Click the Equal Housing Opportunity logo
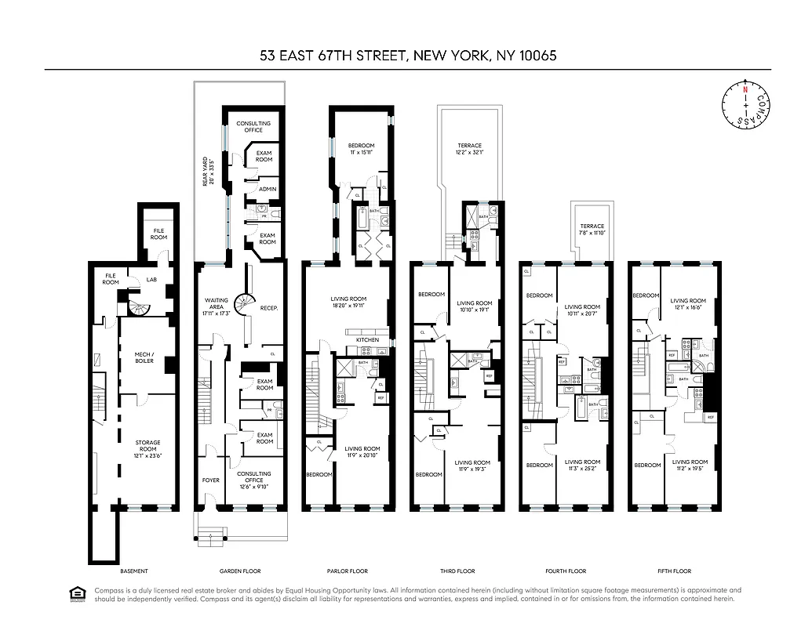78,594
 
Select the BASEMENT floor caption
133,571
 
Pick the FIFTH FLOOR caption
673,571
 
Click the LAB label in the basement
152,280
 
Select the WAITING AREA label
216,305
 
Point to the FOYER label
210,480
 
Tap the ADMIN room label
267,189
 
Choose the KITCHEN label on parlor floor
367,339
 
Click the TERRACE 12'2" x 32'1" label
469,149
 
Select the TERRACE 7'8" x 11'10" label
592,229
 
